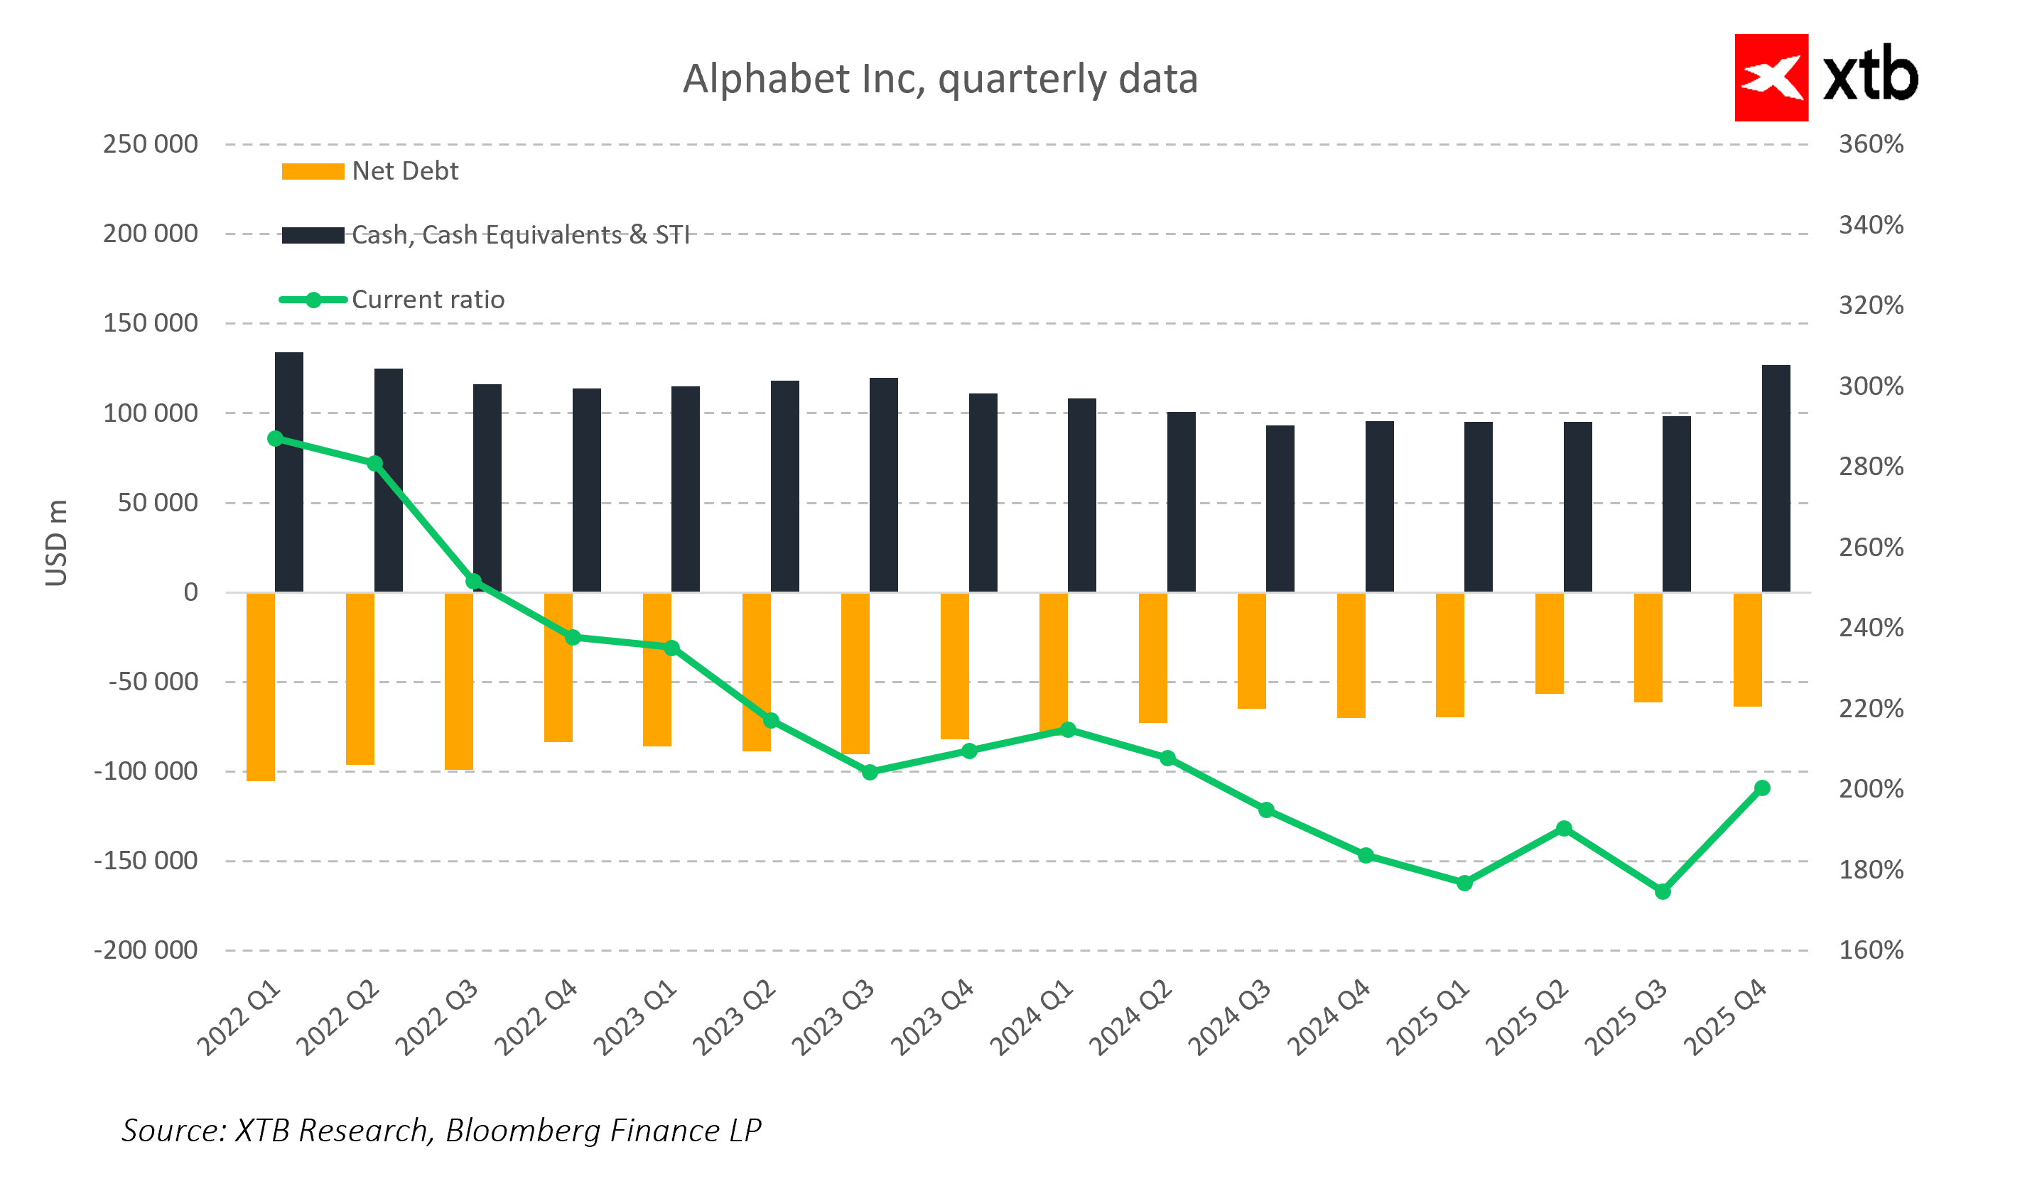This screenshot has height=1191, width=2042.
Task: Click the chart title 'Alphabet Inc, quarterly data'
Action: point(939,80)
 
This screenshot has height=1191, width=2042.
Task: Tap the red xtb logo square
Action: point(1771,78)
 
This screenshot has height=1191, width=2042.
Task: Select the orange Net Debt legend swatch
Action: point(313,172)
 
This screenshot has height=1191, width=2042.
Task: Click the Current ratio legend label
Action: point(428,300)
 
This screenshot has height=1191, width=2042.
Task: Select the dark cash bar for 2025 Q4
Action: point(1776,478)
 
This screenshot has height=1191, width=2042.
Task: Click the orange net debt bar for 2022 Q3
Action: point(459,680)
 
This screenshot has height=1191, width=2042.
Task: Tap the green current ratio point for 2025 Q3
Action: point(1662,892)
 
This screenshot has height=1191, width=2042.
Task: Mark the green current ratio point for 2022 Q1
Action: point(276,439)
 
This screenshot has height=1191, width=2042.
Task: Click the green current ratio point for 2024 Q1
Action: point(1068,730)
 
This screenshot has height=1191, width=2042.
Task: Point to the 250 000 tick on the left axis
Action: point(150,144)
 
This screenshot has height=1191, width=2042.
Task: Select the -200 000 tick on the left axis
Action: point(146,950)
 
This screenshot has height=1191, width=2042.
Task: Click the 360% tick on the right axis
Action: point(1870,144)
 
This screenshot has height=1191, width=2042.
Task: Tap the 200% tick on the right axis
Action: point(1870,789)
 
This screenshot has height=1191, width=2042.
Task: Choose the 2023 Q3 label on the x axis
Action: point(833,1018)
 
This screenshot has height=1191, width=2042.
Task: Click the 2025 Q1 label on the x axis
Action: point(1428,1018)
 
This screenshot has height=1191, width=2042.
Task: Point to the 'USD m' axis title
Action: point(56,543)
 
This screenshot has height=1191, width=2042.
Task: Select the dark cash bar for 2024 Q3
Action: point(1280,509)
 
